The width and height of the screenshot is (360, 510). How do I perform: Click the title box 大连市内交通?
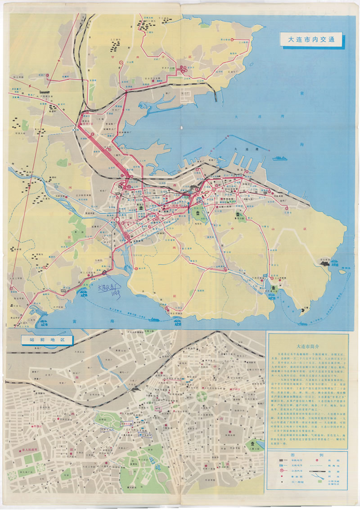310,39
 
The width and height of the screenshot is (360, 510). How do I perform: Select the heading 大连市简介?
307,346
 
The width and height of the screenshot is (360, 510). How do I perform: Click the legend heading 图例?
307,455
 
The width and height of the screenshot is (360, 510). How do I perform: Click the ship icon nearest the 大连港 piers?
279,158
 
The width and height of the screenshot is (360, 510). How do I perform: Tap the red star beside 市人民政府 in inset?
14,450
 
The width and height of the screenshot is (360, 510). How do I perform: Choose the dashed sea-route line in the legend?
317,472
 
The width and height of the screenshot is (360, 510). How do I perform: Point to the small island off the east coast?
342,271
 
